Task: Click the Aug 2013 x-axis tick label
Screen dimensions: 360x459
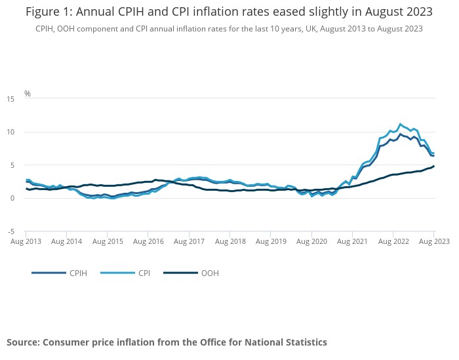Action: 26,242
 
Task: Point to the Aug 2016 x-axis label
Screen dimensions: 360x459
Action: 148,242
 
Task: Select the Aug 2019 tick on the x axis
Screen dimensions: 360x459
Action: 271,242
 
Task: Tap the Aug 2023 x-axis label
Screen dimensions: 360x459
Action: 433,242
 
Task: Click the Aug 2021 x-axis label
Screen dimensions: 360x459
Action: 352,242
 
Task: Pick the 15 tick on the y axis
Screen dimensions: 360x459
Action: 10,99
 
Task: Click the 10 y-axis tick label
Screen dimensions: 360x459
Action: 10,132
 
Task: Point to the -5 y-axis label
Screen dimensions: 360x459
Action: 10,231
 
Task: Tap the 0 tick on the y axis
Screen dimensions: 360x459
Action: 12,199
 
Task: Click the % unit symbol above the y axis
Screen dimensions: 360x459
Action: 28,93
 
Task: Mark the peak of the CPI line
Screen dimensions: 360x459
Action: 400,124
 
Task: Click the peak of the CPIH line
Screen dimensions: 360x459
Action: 400,134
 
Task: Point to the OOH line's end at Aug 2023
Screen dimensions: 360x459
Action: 433,167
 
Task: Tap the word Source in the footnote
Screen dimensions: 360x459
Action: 23,342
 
